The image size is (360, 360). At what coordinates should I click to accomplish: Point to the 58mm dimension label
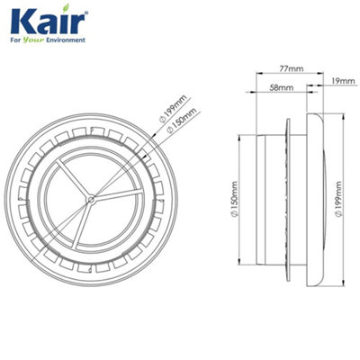pyautogui.click(x=280, y=87)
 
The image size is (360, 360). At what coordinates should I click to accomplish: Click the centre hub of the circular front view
pyautogui.click(x=90, y=193)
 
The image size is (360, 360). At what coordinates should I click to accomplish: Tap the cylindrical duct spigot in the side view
pyautogui.click(x=271, y=193)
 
